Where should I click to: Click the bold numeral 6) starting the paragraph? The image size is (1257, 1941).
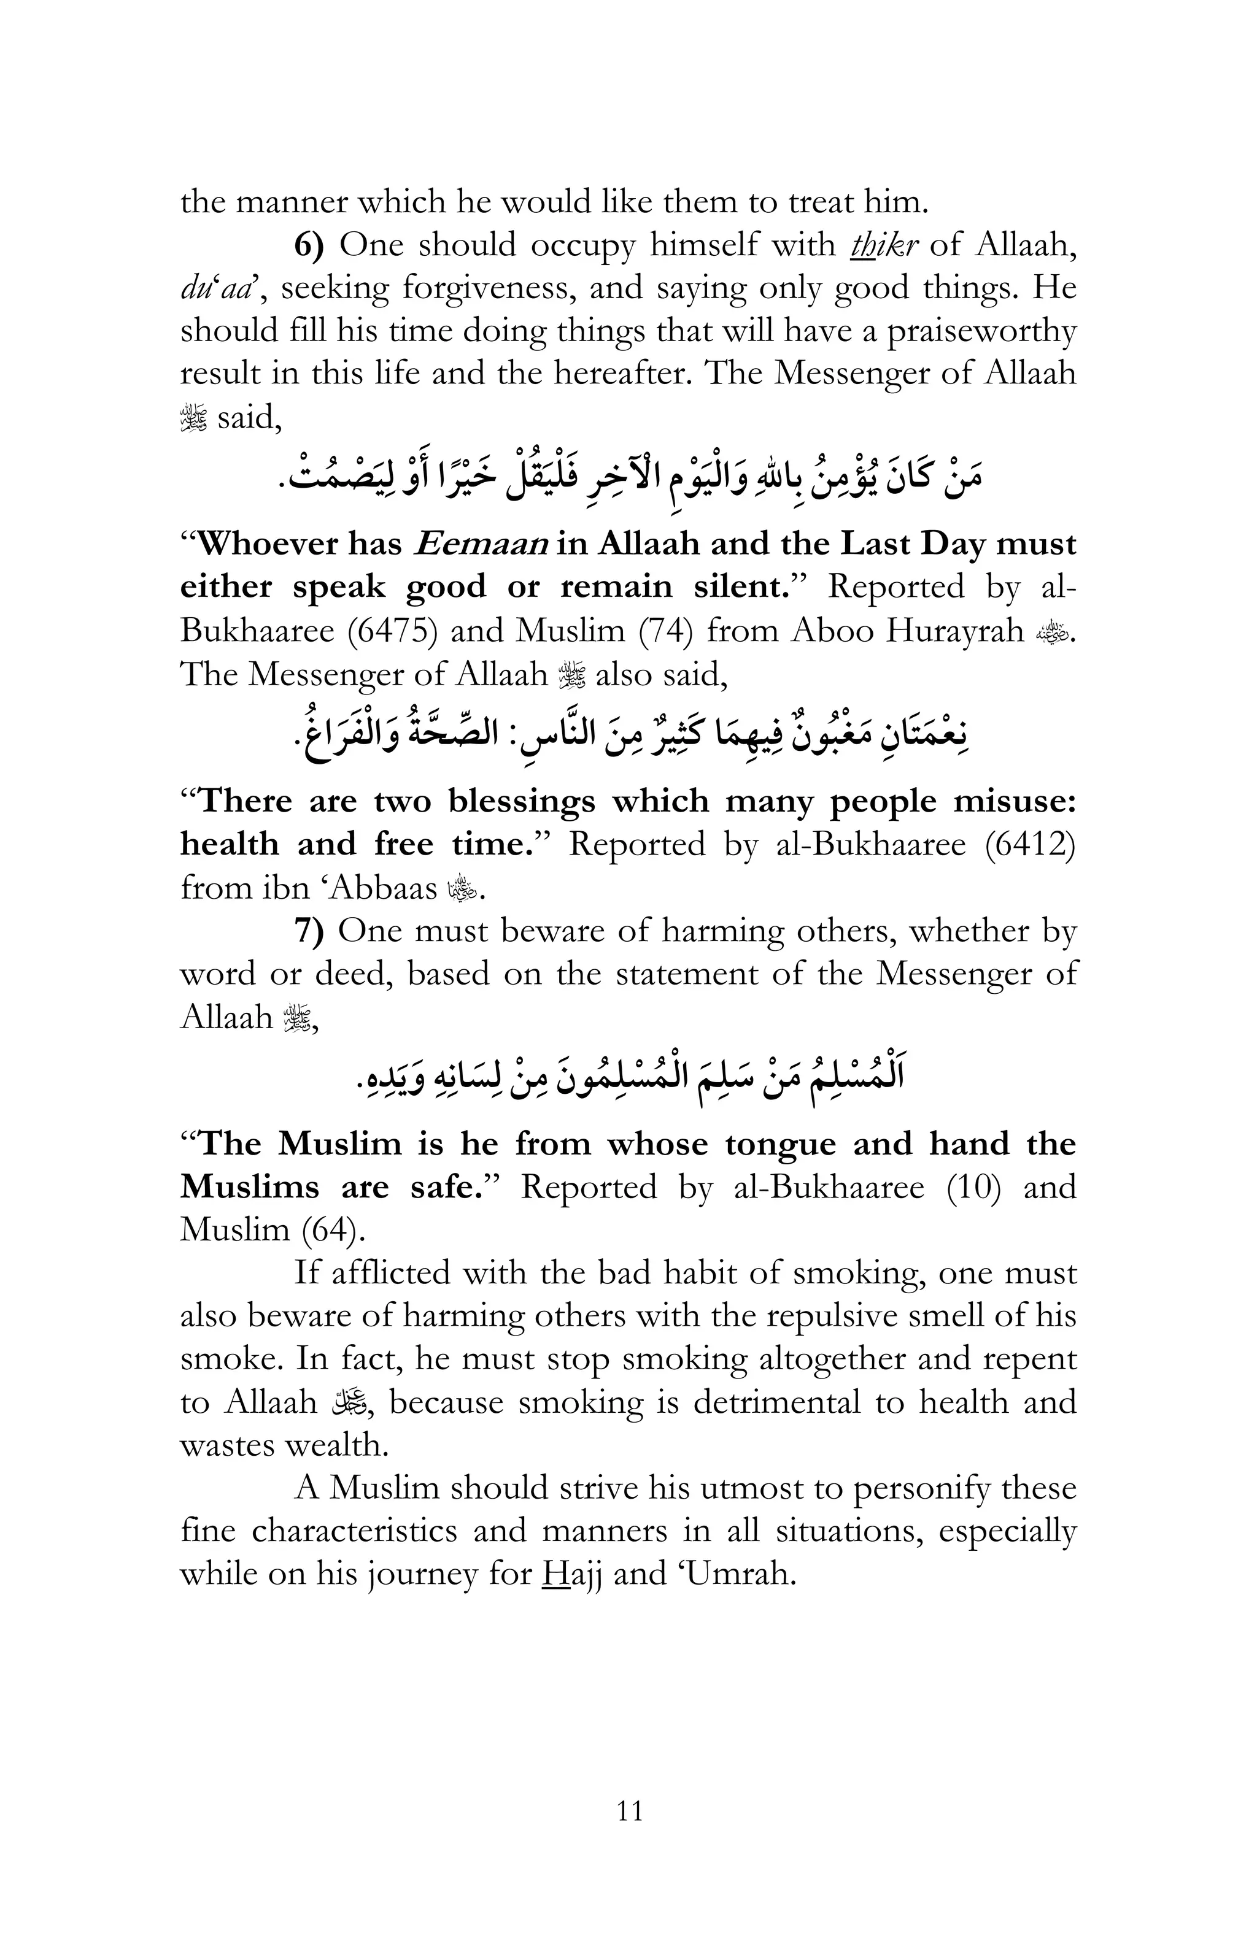click(309, 245)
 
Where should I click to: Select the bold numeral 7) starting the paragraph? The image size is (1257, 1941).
click(309, 931)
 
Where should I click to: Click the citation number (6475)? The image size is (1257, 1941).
click(389, 631)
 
